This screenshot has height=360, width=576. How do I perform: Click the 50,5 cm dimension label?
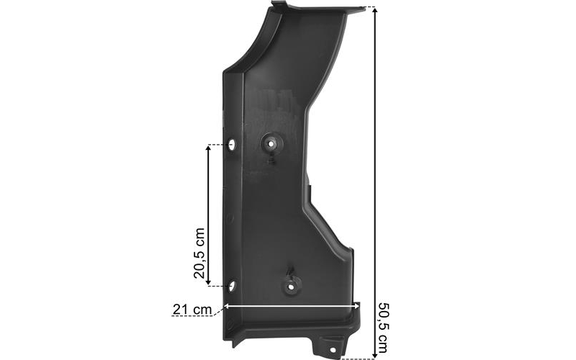[x=383, y=327]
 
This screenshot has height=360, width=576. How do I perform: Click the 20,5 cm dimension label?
[x=199, y=253]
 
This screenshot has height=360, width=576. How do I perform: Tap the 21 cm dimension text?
[x=192, y=310]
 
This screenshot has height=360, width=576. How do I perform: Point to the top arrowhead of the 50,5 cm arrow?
[x=375, y=10]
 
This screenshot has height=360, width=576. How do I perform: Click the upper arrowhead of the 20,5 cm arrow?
[x=208, y=148]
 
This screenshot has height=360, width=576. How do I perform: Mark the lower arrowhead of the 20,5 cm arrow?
[x=208, y=282]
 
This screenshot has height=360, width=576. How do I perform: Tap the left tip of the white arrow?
[x=224, y=305]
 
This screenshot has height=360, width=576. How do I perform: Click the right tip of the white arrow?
[x=359, y=305]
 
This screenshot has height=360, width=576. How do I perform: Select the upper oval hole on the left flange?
[x=231, y=145]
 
